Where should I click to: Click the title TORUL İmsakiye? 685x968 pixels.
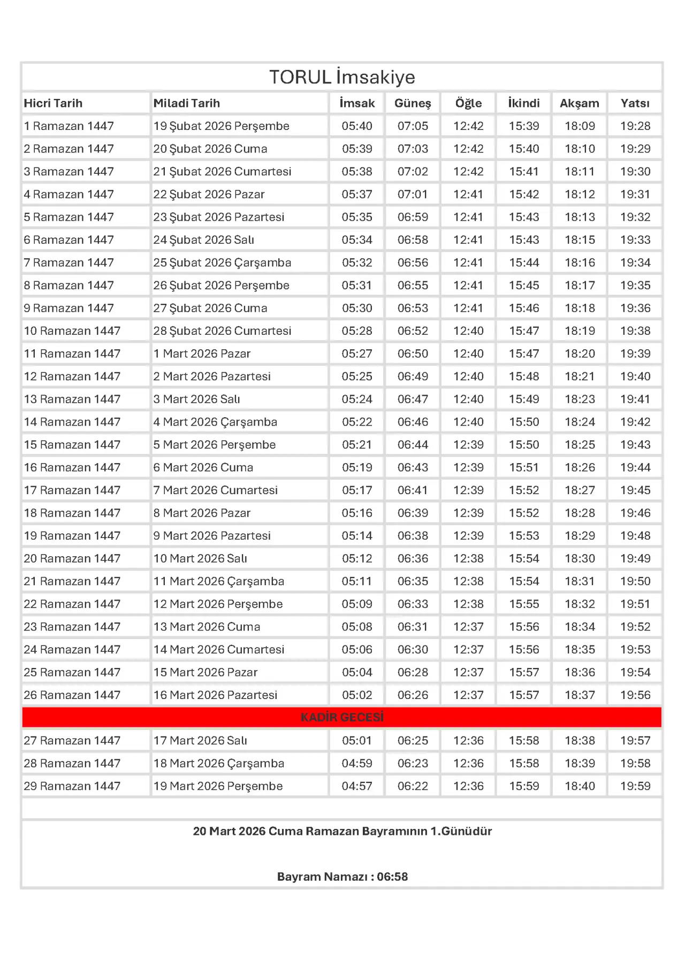tap(342, 77)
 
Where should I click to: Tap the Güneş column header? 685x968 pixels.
tap(413, 103)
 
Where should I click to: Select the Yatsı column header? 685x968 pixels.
tap(635, 103)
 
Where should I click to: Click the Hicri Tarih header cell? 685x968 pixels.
tap(53, 103)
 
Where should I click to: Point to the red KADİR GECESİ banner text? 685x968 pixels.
tap(342, 717)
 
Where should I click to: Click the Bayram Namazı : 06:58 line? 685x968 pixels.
tap(342, 877)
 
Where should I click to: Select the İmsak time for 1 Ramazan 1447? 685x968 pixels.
tap(357, 126)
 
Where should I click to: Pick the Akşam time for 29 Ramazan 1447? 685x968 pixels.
tap(580, 786)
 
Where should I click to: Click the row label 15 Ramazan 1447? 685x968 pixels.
tap(72, 445)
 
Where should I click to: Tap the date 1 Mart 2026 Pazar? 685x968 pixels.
tap(202, 354)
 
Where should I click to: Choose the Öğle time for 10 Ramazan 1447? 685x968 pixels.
tap(468, 331)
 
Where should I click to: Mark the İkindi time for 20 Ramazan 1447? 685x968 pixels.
tap(524, 558)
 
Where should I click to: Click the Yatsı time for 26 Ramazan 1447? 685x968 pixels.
tap(635, 695)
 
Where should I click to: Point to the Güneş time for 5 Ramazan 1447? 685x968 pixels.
tap(413, 217)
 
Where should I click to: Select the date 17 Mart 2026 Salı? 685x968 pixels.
tap(200, 741)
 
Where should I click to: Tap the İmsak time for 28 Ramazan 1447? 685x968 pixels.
tap(357, 763)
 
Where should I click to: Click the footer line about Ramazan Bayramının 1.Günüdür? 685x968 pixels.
tap(342, 831)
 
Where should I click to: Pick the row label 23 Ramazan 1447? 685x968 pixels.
tap(72, 627)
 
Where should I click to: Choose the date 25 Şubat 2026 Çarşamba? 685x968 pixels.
tap(222, 263)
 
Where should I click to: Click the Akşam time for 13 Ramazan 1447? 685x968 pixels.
tap(580, 400)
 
